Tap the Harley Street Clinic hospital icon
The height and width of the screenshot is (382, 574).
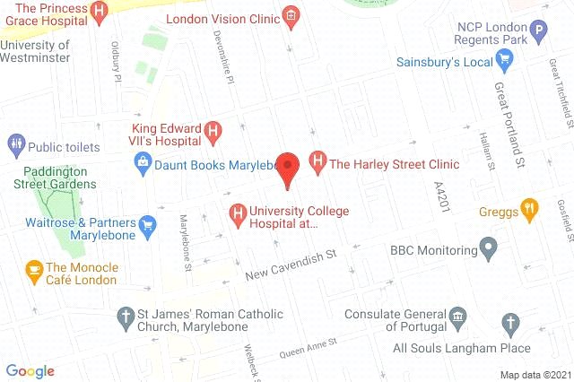coord(317,164)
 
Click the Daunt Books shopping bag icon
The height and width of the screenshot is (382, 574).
coord(142,163)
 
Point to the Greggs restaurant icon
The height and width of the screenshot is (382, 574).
coord(530,212)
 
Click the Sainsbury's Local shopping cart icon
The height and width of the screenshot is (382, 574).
coord(504,62)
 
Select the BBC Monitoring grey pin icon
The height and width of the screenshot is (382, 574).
coord(489,245)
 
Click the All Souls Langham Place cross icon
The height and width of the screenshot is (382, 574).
coord(511,322)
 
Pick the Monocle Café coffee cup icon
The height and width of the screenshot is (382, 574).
coord(34,267)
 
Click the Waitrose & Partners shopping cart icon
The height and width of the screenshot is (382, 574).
coord(145,222)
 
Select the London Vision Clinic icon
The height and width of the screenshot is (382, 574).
coord(291,15)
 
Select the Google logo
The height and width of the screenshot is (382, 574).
coord(30,369)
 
